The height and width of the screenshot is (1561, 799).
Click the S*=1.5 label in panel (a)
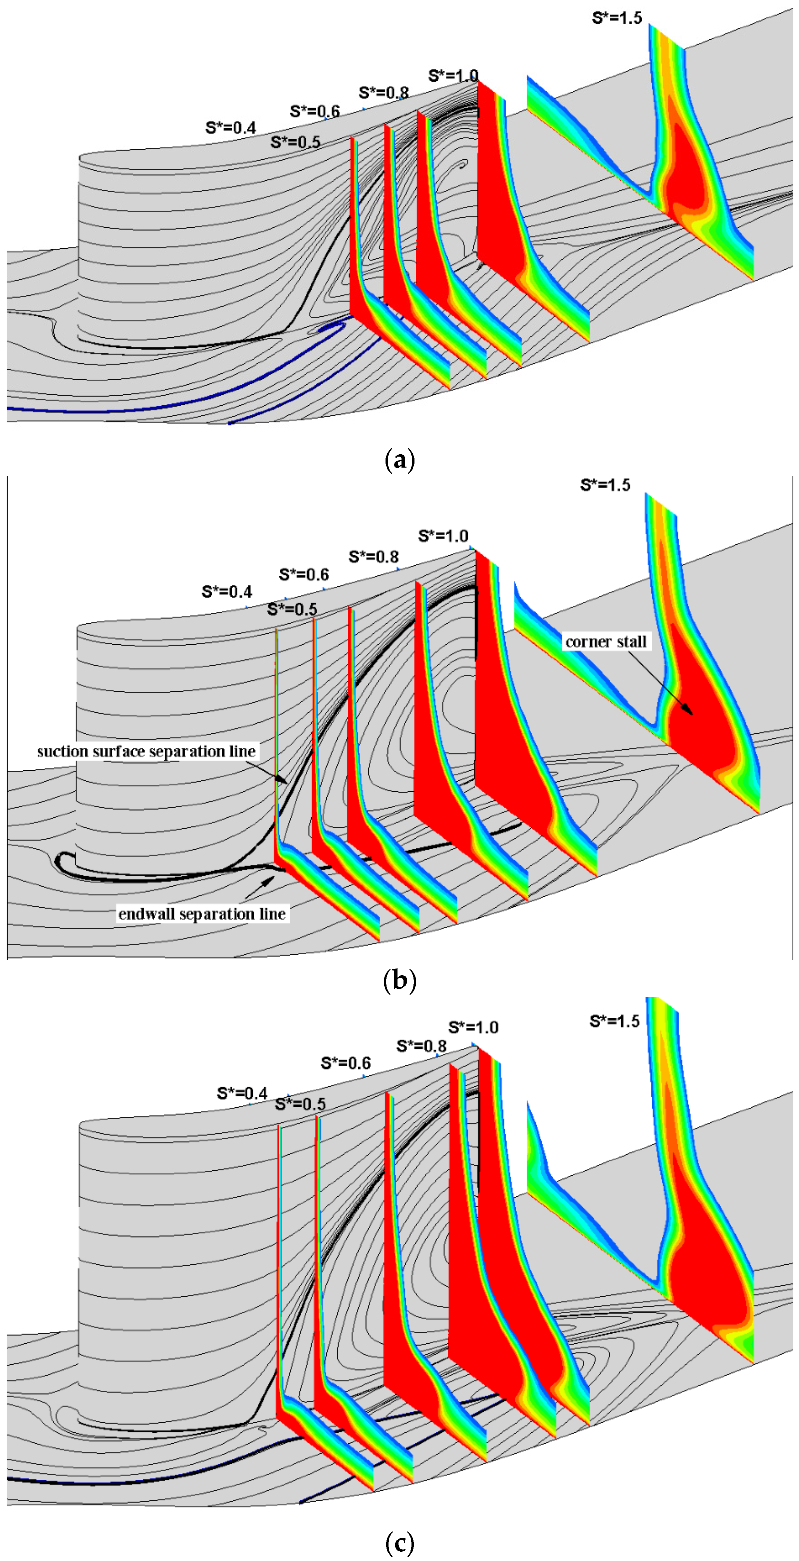(617, 18)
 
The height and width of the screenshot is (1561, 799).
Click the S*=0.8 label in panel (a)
(384, 93)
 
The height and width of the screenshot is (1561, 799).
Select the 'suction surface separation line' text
(146, 751)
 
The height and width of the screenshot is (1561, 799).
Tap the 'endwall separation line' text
(202, 914)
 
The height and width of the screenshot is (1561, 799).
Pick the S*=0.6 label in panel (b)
(304, 574)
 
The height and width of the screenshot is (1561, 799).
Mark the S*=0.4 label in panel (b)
(227, 591)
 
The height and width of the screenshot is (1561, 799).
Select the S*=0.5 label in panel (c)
(301, 1103)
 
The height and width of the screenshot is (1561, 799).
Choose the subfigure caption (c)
(400, 1542)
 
